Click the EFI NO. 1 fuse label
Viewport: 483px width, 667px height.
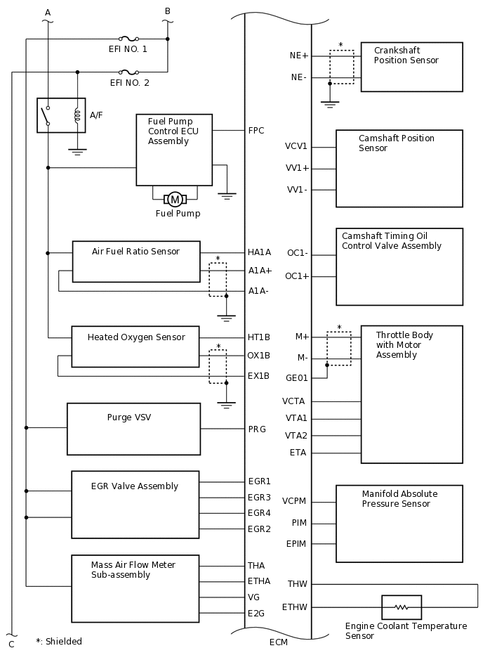(128, 49)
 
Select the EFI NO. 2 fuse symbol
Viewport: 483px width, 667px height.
(128, 72)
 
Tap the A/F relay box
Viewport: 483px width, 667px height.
(61, 115)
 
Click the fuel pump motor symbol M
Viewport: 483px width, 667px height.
(175, 200)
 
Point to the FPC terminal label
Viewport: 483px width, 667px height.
(256, 131)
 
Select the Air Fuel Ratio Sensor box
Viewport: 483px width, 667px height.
(135, 261)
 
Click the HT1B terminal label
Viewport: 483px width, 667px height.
(259, 337)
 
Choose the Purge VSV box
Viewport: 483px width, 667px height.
(133, 429)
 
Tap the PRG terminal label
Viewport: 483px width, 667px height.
(257, 429)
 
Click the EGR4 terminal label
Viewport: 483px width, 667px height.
(259, 513)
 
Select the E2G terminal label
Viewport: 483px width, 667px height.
(257, 614)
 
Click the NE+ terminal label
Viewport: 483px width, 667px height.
(299, 55)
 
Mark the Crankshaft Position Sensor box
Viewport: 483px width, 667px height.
(411, 67)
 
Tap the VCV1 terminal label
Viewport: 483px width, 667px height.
(296, 147)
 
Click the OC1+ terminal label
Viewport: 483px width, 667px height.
(298, 276)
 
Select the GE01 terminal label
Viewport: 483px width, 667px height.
(297, 378)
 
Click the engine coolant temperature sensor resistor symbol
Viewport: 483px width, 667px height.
(401, 607)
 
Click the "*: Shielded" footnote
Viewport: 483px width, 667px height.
(59, 642)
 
